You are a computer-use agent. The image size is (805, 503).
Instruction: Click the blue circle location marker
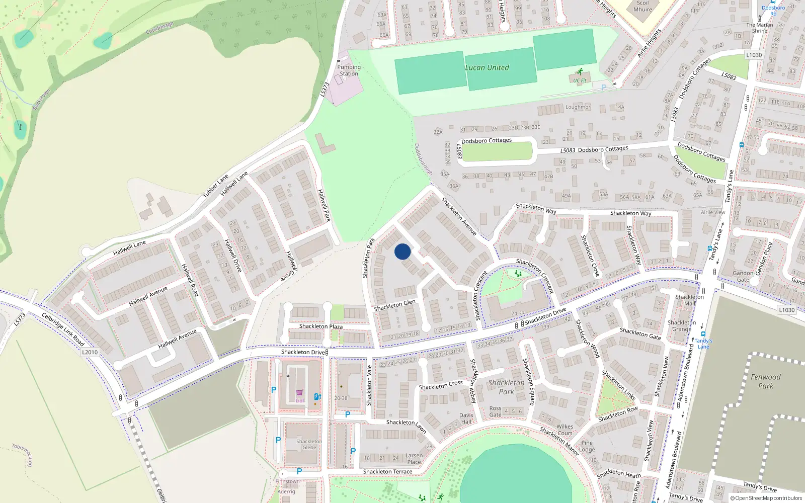403,251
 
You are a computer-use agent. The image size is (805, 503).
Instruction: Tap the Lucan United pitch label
487,68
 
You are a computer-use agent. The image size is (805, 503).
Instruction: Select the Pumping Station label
349,70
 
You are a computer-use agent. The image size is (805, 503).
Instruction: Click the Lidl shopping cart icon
300,393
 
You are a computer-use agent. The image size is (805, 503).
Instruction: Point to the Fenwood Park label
766,381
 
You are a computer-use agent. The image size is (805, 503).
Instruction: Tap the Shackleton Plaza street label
320,326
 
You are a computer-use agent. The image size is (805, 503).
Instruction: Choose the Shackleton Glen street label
394,305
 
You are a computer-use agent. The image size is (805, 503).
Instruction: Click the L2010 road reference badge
90,352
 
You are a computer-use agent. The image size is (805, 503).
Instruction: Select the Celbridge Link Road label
63,329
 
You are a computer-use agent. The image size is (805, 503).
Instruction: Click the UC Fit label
580,80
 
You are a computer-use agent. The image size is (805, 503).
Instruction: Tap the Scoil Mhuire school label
642,6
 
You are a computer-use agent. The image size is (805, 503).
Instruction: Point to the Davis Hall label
466,418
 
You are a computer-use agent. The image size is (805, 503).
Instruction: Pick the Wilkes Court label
565,430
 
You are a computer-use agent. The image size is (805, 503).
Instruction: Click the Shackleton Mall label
689,300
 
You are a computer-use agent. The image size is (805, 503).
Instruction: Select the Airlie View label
713,212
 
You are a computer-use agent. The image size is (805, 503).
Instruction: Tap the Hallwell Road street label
190,280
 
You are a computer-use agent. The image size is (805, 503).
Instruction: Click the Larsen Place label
414,459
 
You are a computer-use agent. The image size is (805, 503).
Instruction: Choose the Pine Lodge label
587,446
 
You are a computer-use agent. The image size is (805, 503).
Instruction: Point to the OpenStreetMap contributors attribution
766,498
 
